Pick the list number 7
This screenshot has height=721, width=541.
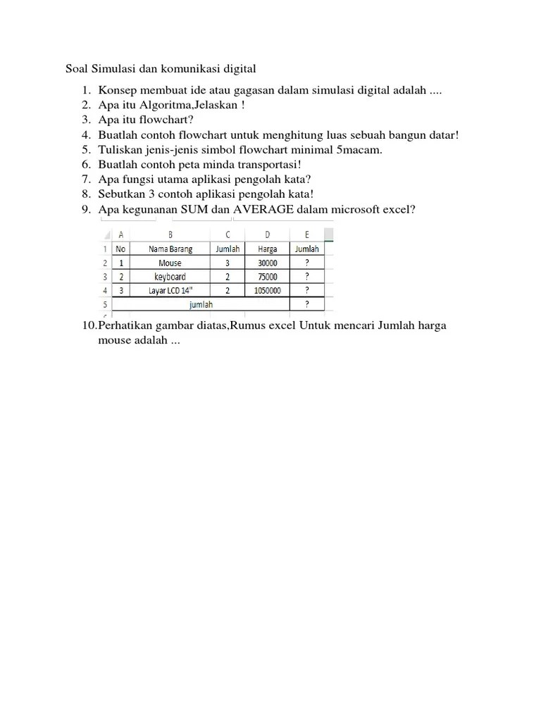[x=86, y=179]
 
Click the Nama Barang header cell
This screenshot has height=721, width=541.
[x=170, y=249]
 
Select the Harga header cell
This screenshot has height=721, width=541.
[x=267, y=249]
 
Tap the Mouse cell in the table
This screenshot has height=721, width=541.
[x=170, y=263]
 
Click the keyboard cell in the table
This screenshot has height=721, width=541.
[x=170, y=277]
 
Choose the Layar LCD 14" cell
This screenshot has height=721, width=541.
[x=170, y=290]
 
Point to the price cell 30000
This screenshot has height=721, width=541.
[x=267, y=263]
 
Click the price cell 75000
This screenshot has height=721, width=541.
[x=267, y=277]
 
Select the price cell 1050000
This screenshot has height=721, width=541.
[x=267, y=290]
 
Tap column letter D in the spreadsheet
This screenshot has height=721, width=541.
[x=267, y=234]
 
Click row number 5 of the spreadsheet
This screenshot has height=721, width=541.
[x=104, y=304]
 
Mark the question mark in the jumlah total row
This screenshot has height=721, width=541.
[x=306, y=304]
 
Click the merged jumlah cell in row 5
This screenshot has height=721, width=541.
[x=201, y=304]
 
